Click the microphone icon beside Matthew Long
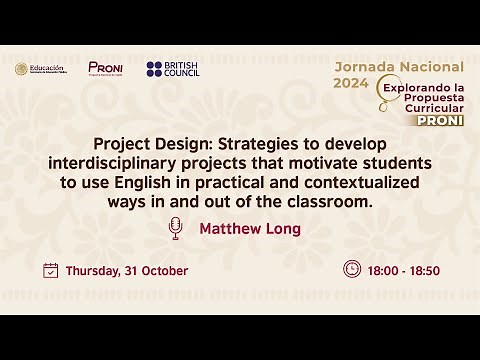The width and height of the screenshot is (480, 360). click(x=177, y=228)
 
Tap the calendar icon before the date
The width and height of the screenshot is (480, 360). click(x=51, y=270)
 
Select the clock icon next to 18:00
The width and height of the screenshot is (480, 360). click(x=351, y=269)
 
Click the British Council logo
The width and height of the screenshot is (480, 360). click(x=174, y=69)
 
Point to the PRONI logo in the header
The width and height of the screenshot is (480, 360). click(x=105, y=68)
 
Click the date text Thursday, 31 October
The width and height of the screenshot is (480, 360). click(x=127, y=271)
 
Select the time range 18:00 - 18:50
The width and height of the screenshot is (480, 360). click(x=404, y=270)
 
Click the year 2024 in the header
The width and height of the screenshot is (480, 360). click(x=350, y=84)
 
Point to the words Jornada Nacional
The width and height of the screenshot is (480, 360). click(x=399, y=66)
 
